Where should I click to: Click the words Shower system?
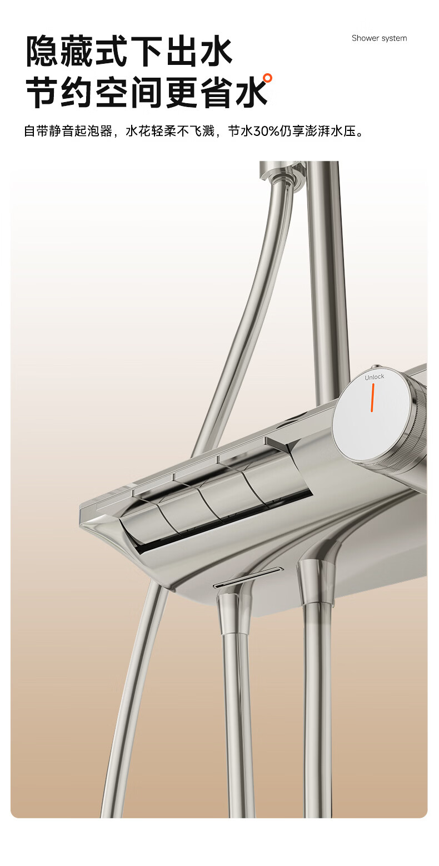coord(379,38)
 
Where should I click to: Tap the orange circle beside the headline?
coord(267,78)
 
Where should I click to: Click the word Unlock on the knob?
coord(375,377)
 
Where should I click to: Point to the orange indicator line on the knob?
coord(372,397)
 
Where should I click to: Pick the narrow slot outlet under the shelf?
coord(248,578)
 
